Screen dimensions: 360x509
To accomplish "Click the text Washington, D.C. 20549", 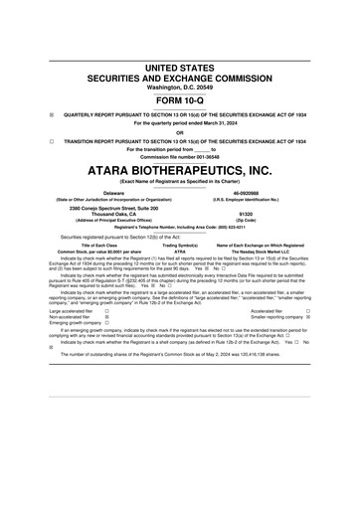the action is pyautogui.click(x=179, y=86).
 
